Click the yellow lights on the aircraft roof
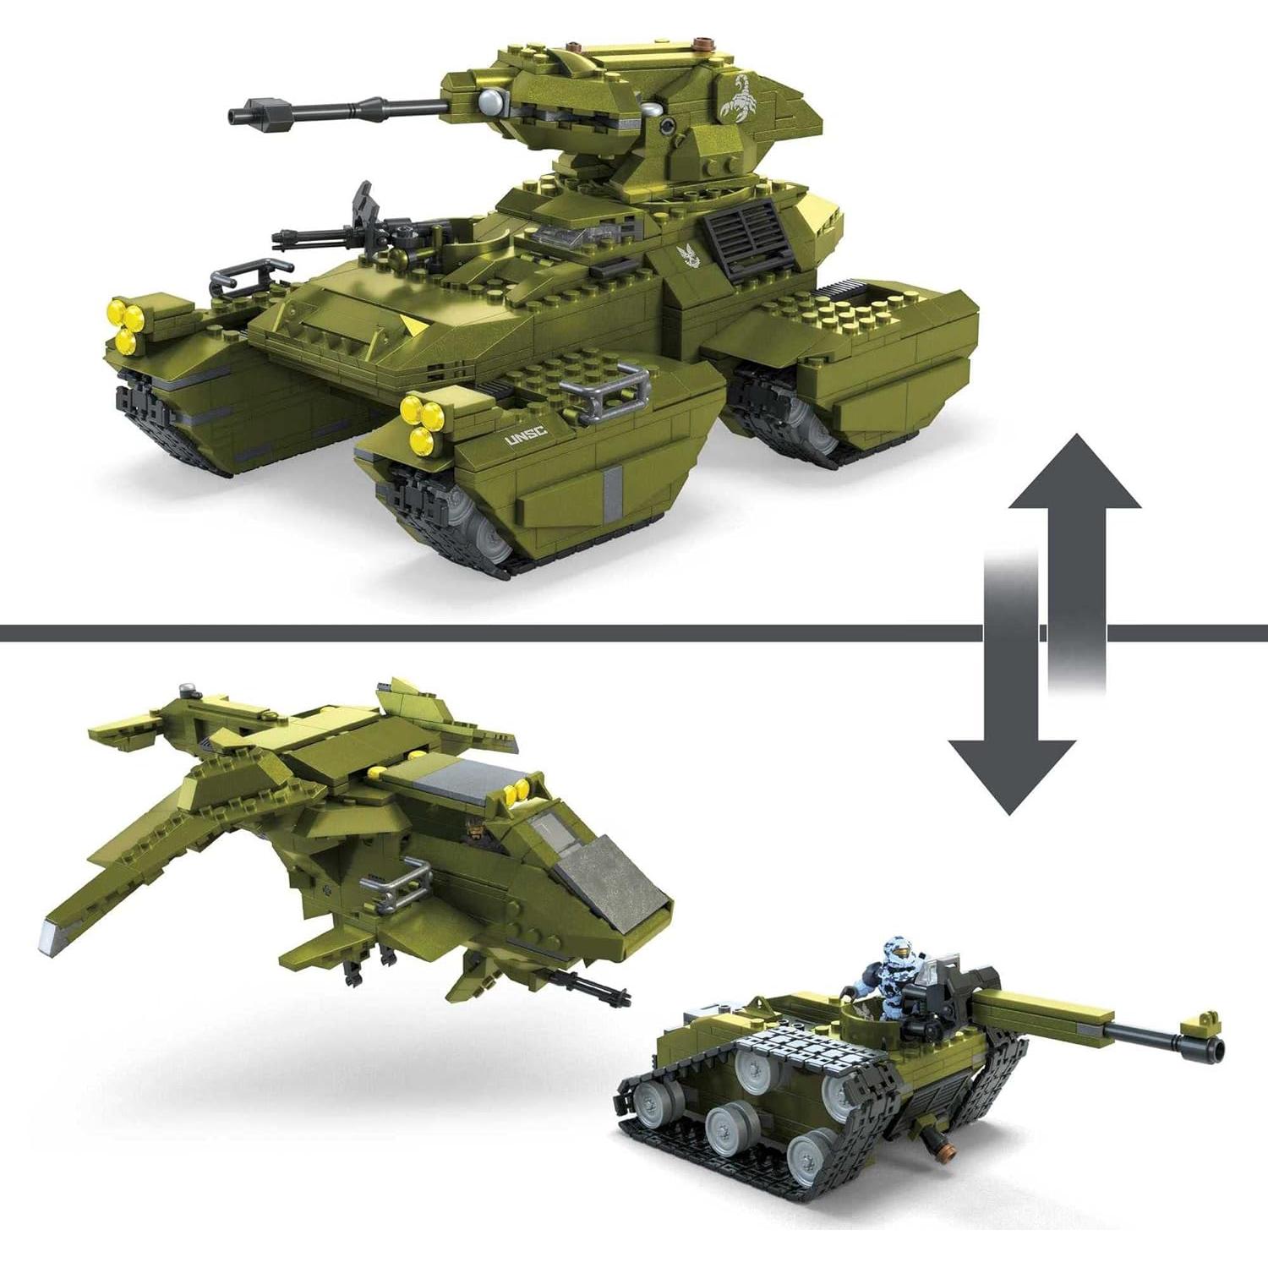pos(516,791)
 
